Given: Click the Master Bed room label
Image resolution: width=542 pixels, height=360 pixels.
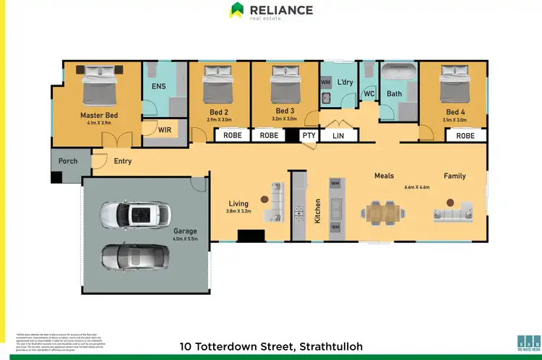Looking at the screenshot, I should (x=99, y=115).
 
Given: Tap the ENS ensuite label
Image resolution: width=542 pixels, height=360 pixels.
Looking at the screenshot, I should (x=159, y=86).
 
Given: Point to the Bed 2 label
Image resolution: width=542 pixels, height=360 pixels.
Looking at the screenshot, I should (x=220, y=112).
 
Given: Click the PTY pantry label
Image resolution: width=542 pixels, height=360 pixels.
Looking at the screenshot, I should (x=309, y=135).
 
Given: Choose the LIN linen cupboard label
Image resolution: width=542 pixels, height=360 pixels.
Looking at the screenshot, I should (x=338, y=135).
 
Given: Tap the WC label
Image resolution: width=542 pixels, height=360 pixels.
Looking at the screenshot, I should (x=369, y=94).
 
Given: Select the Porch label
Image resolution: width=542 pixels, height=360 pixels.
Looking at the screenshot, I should (x=68, y=161).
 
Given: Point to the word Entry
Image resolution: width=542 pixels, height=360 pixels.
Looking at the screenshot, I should (x=123, y=161).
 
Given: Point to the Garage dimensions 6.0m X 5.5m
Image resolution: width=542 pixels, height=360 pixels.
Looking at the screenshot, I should (x=185, y=239).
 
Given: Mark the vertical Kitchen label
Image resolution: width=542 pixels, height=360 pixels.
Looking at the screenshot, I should (x=317, y=210).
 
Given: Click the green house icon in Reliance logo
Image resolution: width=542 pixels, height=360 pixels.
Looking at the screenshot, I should (x=236, y=10).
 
